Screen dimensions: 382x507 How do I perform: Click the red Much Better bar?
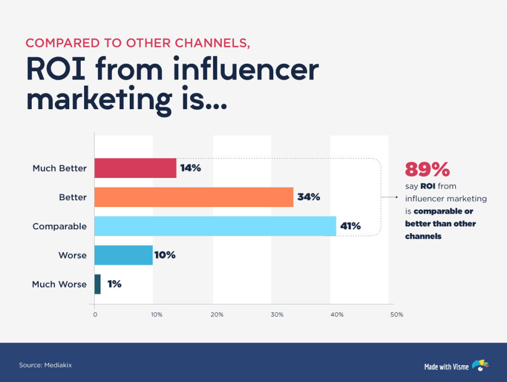click(x=135, y=168)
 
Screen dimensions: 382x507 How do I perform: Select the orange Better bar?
click(x=194, y=197)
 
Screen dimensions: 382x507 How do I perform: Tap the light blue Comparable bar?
click(x=215, y=226)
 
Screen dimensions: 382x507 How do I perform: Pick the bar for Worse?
click(x=123, y=255)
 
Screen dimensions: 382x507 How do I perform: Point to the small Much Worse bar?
click(x=98, y=284)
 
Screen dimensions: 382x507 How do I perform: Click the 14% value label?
click(x=191, y=168)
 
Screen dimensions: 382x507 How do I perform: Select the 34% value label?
click(x=308, y=197)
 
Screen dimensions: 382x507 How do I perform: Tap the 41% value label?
click(x=350, y=226)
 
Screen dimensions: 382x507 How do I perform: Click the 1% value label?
click(x=114, y=284)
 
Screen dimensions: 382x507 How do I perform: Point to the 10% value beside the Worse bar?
click(x=164, y=255)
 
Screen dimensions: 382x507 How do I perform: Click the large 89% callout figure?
click(x=427, y=170)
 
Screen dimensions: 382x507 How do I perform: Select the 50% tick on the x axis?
click(x=397, y=315)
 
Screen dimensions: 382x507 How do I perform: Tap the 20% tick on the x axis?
click(x=217, y=315)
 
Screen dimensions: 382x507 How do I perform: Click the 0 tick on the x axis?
click(x=95, y=315)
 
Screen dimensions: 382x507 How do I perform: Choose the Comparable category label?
click(x=59, y=226)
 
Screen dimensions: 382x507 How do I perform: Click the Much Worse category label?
click(x=59, y=284)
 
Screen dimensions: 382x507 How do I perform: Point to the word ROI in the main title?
click(x=57, y=70)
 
